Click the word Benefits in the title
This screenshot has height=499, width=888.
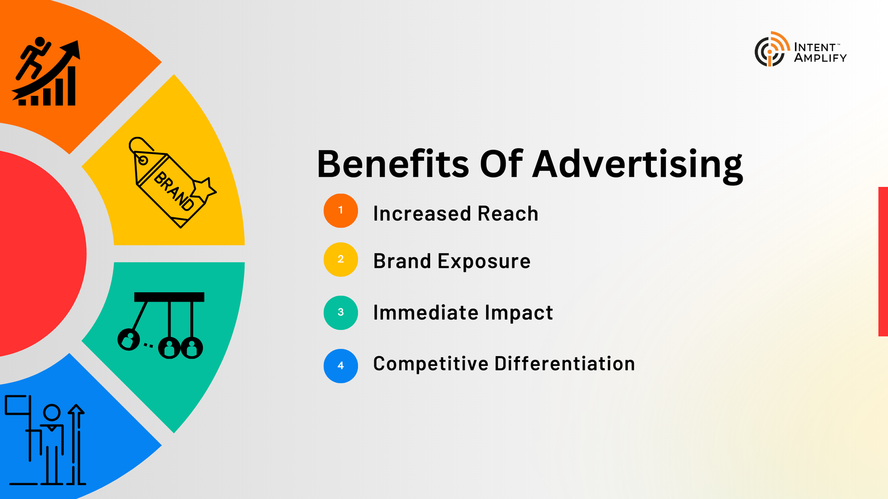click(x=393, y=164)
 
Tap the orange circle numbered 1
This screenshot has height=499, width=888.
click(x=341, y=211)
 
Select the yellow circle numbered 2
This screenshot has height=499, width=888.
click(x=341, y=259)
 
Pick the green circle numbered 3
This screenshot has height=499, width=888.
click(x=341, y=313)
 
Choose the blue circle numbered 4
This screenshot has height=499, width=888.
click(x=341, y=366)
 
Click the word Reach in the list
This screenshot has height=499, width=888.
click(x=508, y=213)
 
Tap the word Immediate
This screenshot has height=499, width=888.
click(x=425, y=313)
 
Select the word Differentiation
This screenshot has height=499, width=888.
click(x=564, y=364)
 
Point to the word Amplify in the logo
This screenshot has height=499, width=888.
click(x=820, y=58)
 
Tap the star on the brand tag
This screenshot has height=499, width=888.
click(x=204, y=189)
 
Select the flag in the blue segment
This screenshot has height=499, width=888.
click(x=17, y=405)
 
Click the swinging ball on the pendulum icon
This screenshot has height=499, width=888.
click(x=128, y=339)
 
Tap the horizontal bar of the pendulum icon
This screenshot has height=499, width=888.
click(x=169, y=297)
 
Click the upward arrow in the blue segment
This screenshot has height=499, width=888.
click(x=76, y=444)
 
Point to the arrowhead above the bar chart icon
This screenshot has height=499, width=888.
click(x=72, y=50)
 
